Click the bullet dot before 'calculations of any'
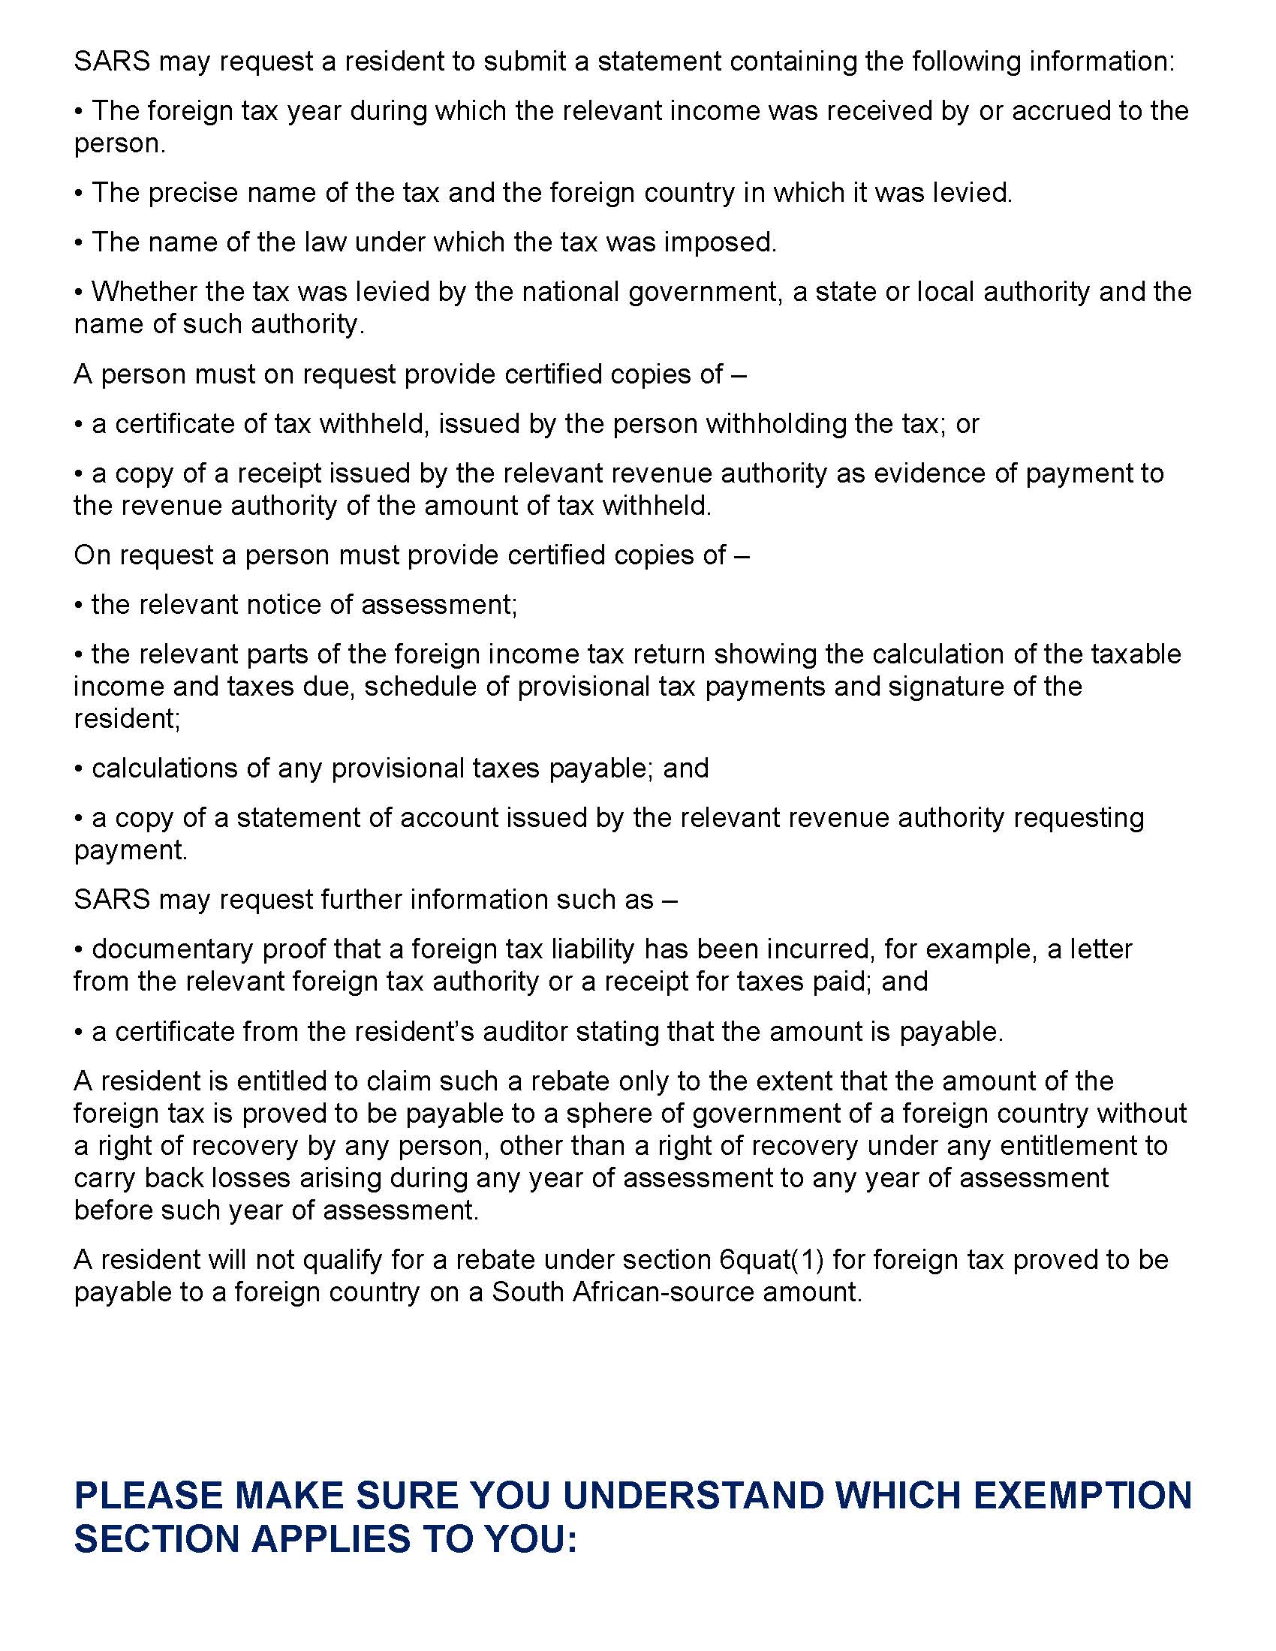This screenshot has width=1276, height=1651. (79, 769)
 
